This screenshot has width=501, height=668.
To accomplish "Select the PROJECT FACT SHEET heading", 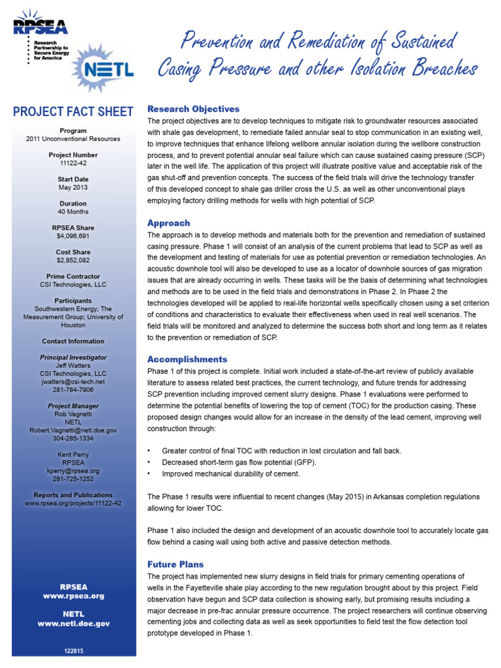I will coord(73,112).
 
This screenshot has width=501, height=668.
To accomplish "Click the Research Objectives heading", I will coord(193,109).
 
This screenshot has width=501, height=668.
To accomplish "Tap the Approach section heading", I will coord(168,222).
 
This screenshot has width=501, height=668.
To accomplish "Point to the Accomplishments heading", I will coord(187,359).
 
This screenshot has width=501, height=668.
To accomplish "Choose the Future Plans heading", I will coord(175,564).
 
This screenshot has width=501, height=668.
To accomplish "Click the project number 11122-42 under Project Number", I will coord(73,163).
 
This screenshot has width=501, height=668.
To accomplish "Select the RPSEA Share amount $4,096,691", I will coord(73,236).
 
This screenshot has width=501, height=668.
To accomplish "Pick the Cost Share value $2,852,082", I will coord(73,260).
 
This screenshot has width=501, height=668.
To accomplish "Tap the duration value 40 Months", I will coord(73,212).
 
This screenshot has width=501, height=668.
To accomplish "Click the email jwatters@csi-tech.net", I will coord(73,382).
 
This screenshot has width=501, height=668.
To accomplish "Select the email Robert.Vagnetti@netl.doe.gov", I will coord(73,431).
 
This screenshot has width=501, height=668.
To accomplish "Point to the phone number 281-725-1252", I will coord(73,479).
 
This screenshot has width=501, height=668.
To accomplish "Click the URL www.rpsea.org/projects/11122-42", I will coord(73,503).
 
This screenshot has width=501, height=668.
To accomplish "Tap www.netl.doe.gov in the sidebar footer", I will coord(73,624).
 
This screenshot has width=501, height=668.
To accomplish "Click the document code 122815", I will coord(73,650).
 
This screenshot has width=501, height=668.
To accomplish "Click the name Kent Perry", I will coord(73,455).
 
